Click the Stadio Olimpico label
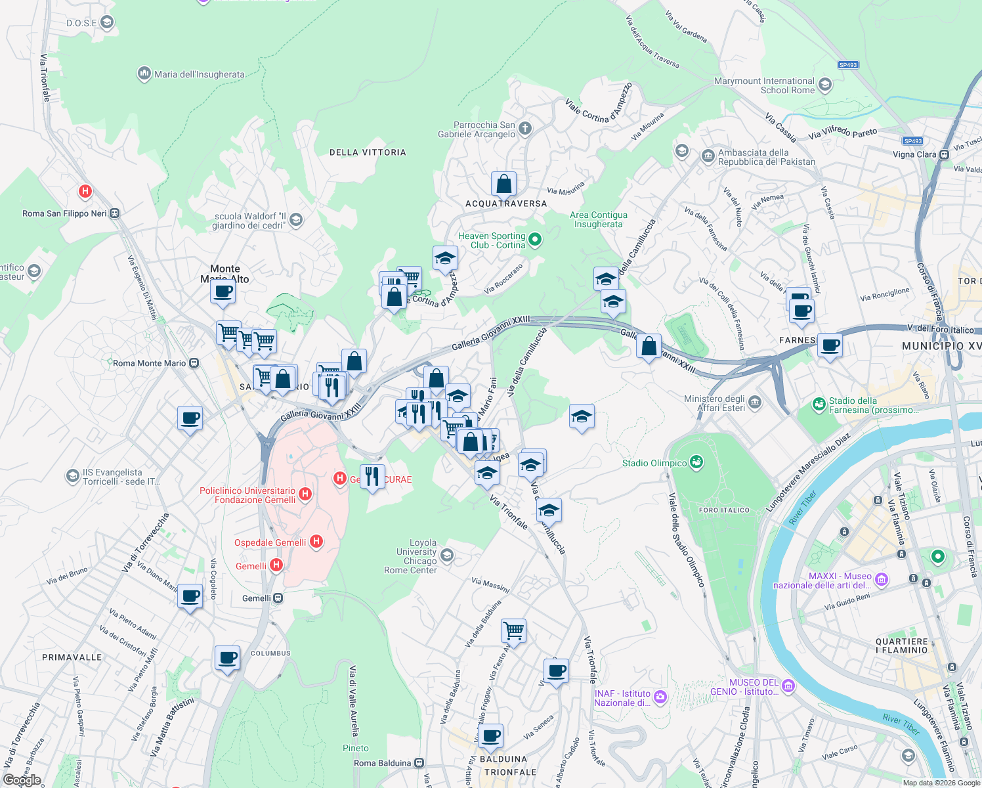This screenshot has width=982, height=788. pos(654,463)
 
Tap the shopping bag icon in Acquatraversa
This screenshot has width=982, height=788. pos(503,185)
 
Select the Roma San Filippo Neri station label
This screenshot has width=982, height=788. pos(64,213)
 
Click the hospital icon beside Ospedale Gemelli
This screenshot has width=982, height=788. pos(316,542)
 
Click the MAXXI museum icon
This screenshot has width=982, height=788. pos(882,579)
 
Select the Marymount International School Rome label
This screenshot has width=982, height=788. pos(764,85)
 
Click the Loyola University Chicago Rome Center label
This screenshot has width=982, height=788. pos(411,556)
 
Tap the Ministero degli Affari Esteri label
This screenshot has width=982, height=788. pos(714,403)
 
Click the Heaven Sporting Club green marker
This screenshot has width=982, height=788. pos(535,240)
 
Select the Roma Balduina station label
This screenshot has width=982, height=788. pos(383,763)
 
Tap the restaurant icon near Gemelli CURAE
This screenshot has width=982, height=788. pos(372,476)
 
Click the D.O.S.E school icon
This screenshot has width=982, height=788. pos(107,23)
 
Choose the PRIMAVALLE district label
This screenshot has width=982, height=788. pos(72,657)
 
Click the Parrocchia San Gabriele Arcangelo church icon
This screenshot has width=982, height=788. pos(525,129)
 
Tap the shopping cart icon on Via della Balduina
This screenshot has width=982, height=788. pos(513,631)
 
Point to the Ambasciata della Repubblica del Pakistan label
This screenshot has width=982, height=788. pos(766,157)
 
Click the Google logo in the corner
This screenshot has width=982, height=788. pos(22,779)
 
